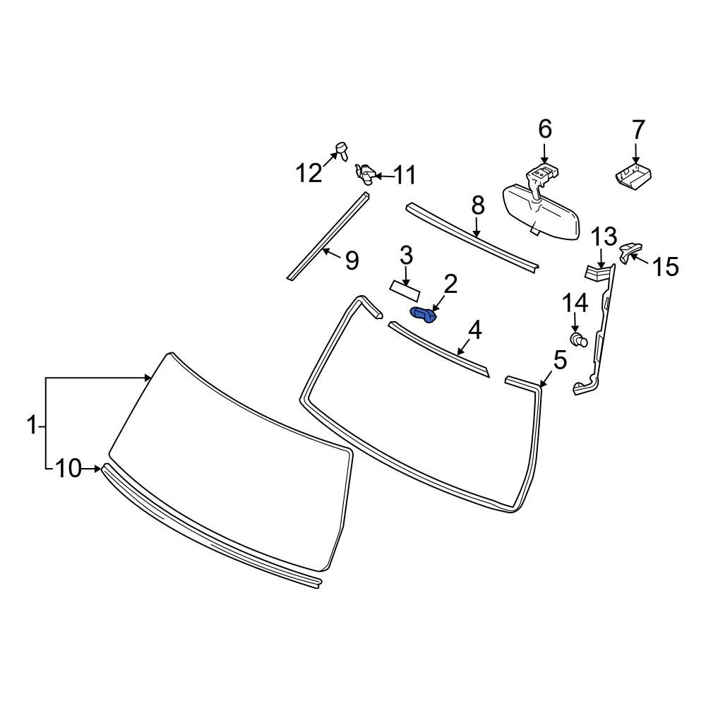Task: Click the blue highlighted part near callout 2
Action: click(x=423, y=314)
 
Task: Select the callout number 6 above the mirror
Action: click(x=544, y=129)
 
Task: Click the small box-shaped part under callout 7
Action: click(x=634, y=175)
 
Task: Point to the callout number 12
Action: click(x=309, y=172)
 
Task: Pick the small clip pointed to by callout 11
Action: click(x=366, y=172)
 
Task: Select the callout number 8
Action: click(x=478, y=206)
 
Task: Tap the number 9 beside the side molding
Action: click(x=352, y=261)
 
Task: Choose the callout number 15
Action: click(x=665, y=267)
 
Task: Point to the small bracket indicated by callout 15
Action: click(x=628, y=251)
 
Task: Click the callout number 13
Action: click(x=604, y=237)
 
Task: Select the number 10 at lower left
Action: click(x=68, y=468)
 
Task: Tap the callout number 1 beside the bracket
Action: click(x=32, y=426)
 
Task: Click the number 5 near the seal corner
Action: click(x=560, y=361)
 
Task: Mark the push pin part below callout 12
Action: click(x=342, y=149)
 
